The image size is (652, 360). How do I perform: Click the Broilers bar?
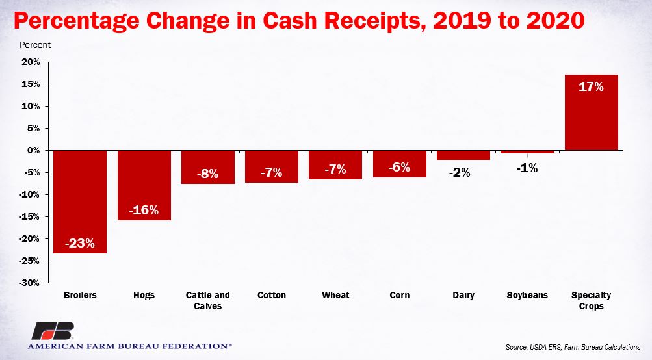pyautogui.click(x=80, y=201)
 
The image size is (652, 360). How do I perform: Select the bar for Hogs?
pyautogui.click(x=144, y=185)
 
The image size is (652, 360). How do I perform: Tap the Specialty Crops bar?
pyautogui.click(x=592, y=112)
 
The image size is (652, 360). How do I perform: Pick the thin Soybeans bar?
pyautogui.click(x=527, y=151)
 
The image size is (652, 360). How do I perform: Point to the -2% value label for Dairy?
pyautogui.click(x=460, y=172)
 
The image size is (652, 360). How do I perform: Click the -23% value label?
pyautogui.click(x=80, y=243)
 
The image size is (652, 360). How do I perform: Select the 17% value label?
pyautogui.click(x=592, y=86)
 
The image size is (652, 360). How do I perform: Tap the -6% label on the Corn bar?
pyautogui.click(x=399, y=167)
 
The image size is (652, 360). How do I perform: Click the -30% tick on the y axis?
pyautogui.click(x=29, y=283)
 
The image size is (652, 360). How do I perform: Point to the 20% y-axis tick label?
pyautogui.click(x=31, y=62)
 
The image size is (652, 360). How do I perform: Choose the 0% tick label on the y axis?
pyautogui.click(x=33, y=151)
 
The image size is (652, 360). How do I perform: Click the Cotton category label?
pyautogui.click(x=272, y=295)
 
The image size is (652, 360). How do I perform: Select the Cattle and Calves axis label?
pyautogui.click(x=207, y=301)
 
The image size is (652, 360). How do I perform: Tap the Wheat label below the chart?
pyautogui.click(x=335, y=295)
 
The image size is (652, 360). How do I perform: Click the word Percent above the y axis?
pyautogui.click(x=35, y=45)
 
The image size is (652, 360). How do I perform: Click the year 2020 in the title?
pyautogui.click(x=556, y=20)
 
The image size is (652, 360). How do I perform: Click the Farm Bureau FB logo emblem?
pyautogui.click(x=53, y=331)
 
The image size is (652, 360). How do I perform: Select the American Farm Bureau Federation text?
pyautogui.click(x=129, y=346)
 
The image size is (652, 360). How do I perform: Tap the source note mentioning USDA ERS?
pyautogui.click(x=573, y=347)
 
